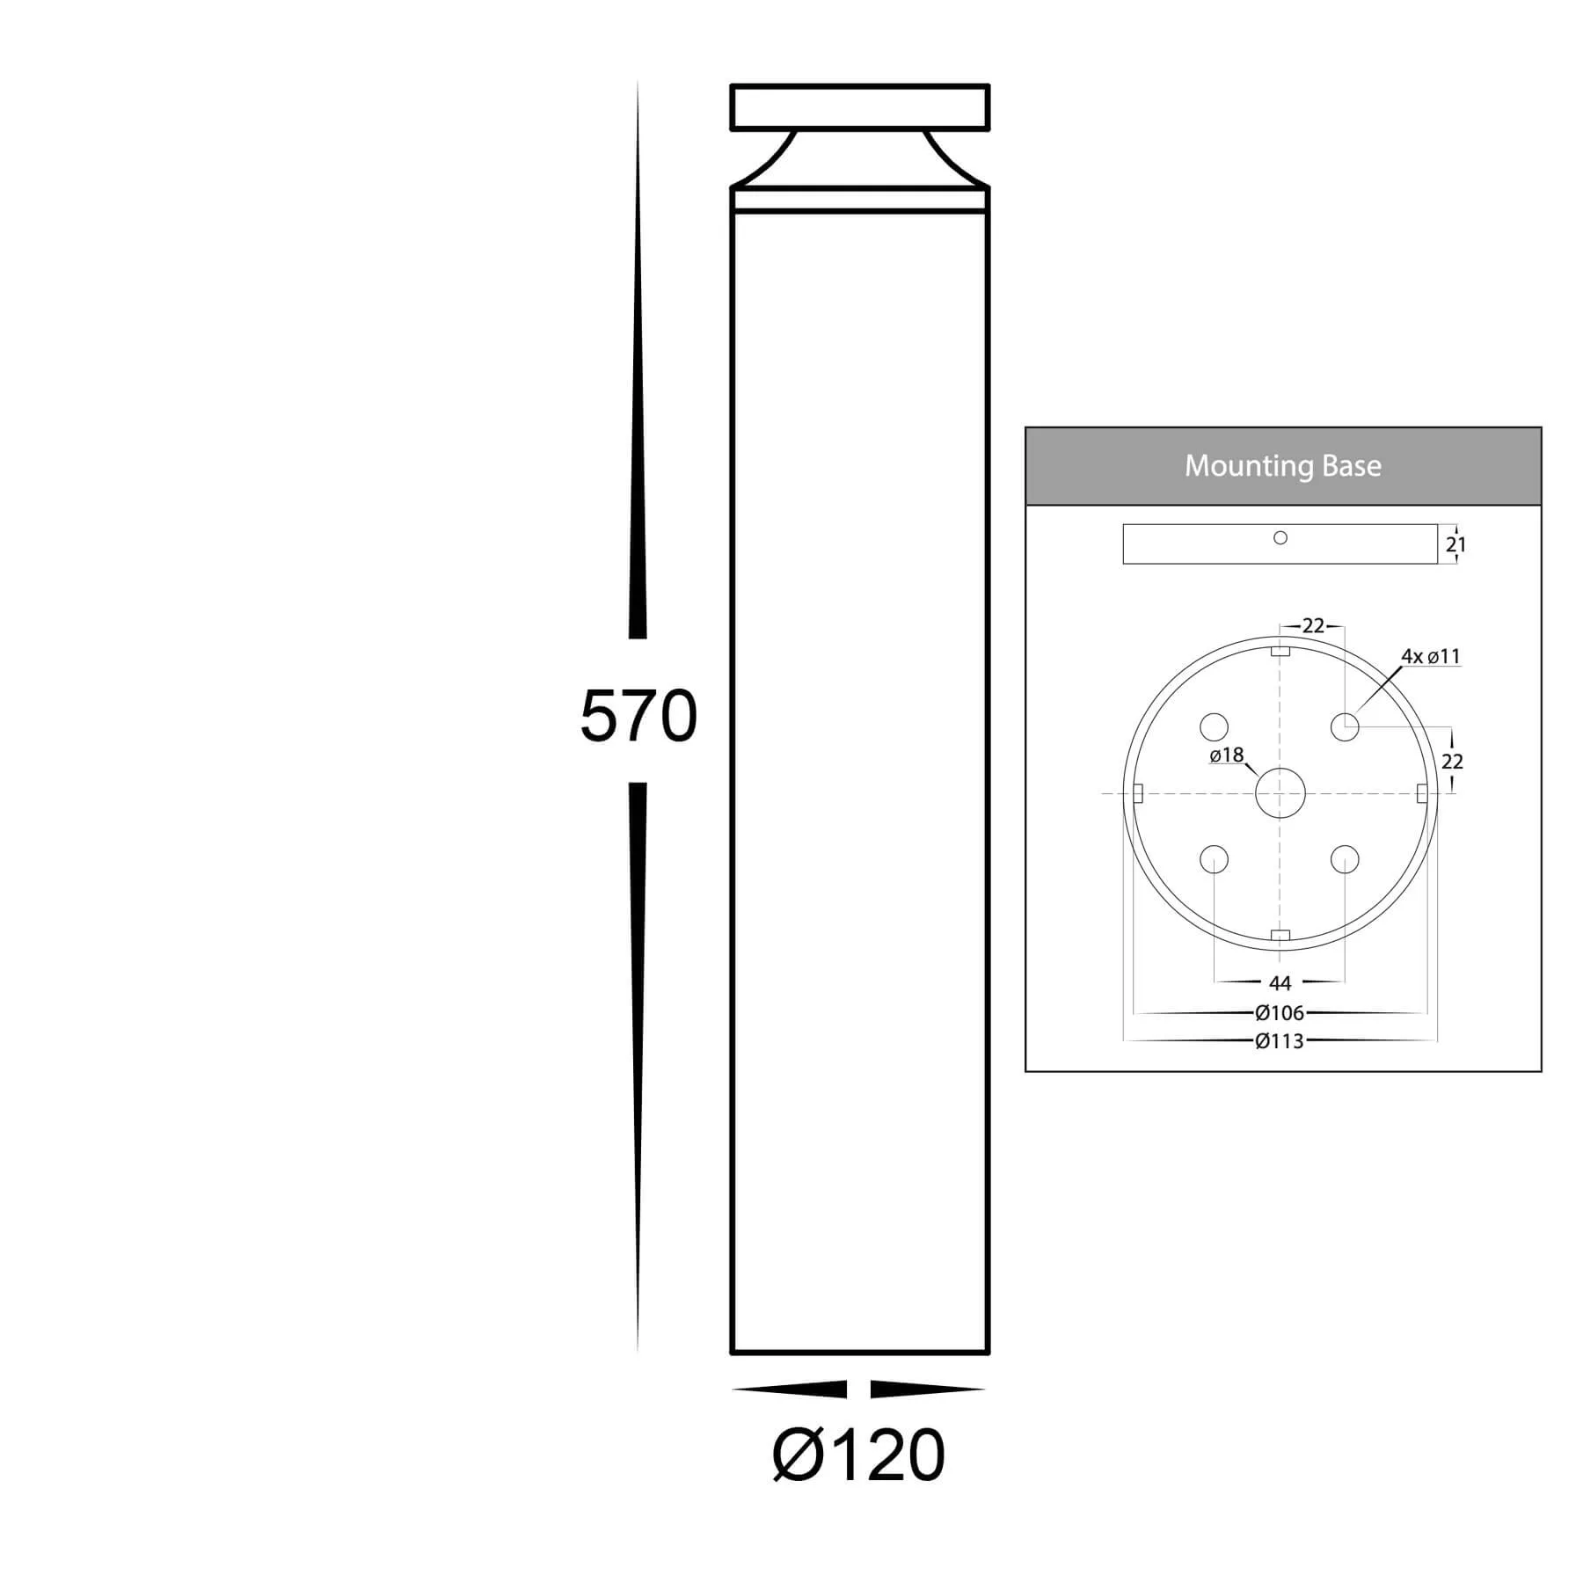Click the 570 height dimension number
[x=638, y=717]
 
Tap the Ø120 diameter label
[x=858, y=1455]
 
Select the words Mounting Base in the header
[x=1283, y=465]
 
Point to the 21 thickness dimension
[x=1456, y=544]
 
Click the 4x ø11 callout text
[x=1431, y=656]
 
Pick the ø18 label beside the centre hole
[x=1227, y=755]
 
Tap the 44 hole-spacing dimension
[x=1280, y=983]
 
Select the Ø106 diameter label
[x=1280, y=1013]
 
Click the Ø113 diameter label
[x=1280, y=1041]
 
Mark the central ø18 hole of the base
[x=1280, y=793]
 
